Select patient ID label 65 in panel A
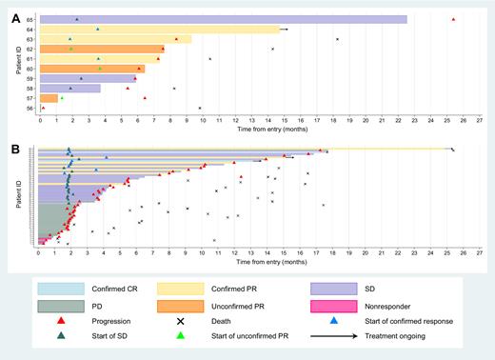point(31,20)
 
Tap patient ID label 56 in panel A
point(31,108)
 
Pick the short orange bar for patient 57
point(49,98)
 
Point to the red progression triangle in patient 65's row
point(453,20)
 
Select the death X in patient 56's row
point(200,108)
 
